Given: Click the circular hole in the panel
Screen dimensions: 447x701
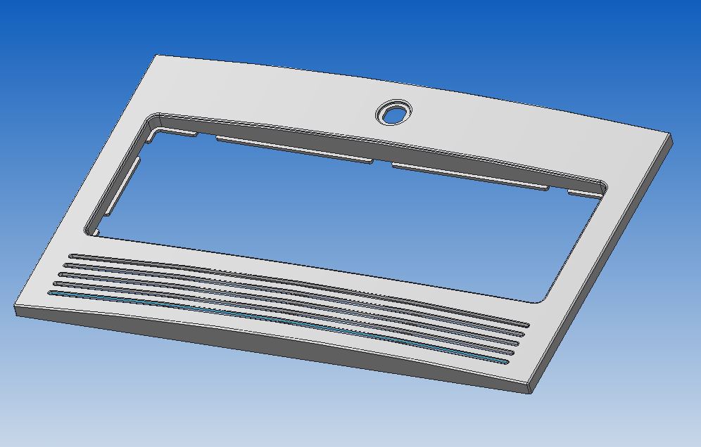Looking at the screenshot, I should click(394, 112).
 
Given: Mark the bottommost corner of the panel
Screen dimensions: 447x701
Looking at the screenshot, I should click(528, 391).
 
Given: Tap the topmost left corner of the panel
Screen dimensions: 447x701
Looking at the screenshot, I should click(156, 56).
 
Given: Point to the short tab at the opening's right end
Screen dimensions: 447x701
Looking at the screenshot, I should click(584, 193).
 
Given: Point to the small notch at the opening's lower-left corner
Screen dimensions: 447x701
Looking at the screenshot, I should click(96, 233).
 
